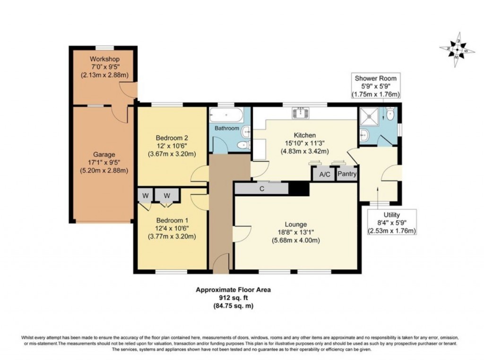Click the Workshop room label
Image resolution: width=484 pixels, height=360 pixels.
(x=104, y=59)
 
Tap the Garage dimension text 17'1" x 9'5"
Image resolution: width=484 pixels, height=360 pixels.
(x=104, y=163)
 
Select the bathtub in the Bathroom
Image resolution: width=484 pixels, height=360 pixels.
(x=226, y=115)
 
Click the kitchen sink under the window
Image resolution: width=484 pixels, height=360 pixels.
(x=300, y=112)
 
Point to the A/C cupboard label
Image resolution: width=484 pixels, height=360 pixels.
(x=325, y=175)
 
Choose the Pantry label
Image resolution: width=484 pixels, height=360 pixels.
(x=347, y=174)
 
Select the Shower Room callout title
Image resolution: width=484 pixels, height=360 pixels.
(x=376, y=78)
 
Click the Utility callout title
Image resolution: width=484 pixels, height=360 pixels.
(x=392, y=214)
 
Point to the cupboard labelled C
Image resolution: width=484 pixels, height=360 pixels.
(x=262, y=189)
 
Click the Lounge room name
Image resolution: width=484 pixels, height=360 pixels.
(x=296, y=224)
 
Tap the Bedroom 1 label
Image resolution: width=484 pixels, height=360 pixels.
(x=172, y=221)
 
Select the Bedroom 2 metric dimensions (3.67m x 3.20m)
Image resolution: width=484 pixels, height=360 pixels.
(x=172, y=154)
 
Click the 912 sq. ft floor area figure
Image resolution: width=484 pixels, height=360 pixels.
(x=233, y=298)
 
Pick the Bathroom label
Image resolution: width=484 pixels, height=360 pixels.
(x=227, y=128)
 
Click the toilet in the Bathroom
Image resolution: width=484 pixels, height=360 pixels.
(x=243, y=145)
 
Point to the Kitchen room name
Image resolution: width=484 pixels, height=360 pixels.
(x=305, y=135)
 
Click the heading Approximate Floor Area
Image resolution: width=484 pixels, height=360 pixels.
(x=233, y=290)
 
